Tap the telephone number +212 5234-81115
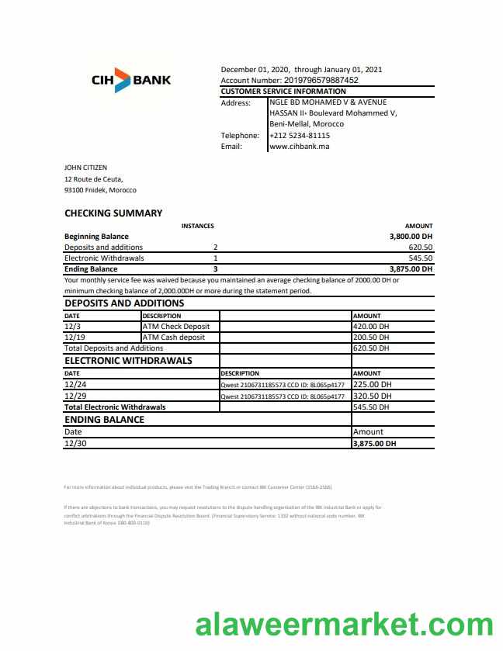300,135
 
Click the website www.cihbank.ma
300,146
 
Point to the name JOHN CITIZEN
85,167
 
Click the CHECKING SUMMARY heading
113,213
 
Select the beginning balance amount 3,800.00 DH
411,237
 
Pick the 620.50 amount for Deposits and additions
420,248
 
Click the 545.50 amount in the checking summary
420,258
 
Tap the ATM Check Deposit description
176,327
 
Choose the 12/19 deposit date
75,338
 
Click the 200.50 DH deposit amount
371,338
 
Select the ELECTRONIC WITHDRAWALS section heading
128,361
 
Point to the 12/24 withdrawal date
75,384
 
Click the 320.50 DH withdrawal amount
372,396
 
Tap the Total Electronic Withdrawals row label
115,407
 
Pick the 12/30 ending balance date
75,443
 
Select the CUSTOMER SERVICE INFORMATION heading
283,92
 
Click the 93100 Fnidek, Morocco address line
100,190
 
